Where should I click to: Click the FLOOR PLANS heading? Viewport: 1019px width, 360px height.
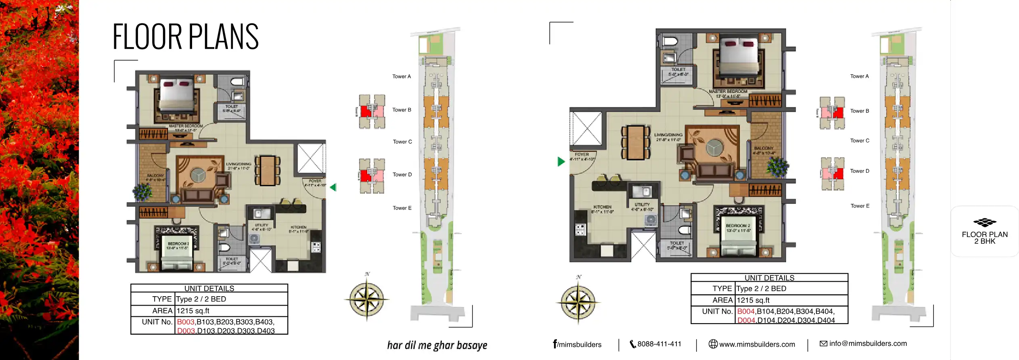pos(185,37)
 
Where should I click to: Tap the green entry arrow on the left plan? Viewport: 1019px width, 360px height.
pos(333,187)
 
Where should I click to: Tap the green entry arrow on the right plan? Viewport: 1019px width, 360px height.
pos(561,162)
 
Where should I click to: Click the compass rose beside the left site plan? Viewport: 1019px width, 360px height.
pos(366,299)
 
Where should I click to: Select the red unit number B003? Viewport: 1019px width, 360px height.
pos(186,322)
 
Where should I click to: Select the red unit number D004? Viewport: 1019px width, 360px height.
pos(746,320)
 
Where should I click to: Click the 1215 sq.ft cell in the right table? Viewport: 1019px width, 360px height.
pos(753,300)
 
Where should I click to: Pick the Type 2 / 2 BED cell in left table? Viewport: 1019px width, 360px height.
pos(201,299)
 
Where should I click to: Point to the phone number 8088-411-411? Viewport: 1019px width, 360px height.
pos(659,344)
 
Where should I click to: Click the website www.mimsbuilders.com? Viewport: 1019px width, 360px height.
pos(757,344)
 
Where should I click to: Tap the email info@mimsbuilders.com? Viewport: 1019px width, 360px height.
pos(868,343)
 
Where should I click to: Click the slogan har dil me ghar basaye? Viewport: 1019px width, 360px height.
pos(437,345)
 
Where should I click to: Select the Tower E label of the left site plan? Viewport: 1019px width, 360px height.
pos(402,208)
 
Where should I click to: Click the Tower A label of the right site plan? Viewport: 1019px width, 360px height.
pos(859,76)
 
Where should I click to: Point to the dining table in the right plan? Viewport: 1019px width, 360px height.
pos(636,142)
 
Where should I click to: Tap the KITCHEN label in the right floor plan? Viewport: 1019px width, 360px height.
pos(602,207)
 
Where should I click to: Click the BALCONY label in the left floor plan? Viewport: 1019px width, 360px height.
pos(155,176)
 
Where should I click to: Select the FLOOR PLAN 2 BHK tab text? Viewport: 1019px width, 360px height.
pos(984,238)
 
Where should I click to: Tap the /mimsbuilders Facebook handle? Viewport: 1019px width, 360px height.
pos(578,345)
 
